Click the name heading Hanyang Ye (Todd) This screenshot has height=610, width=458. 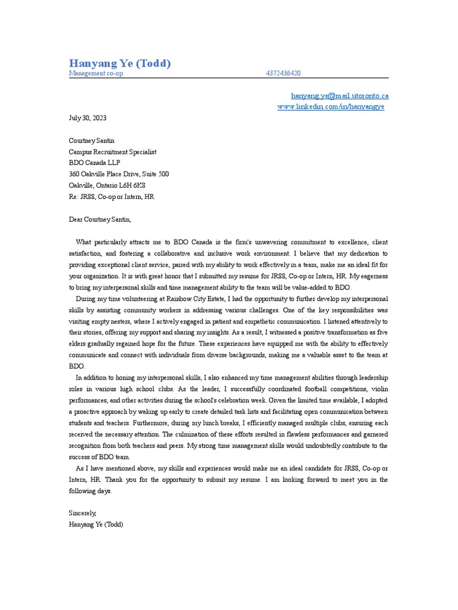pos(120,63)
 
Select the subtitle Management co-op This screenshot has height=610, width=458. pos(96,73)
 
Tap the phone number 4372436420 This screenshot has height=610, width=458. pos(283,73)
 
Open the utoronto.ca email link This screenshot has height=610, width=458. pos(339,95)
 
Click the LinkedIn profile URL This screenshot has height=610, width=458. pos(331,107)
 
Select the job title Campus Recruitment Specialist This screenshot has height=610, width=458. pos(113,152)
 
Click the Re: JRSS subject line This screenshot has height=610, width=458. pos(112,197)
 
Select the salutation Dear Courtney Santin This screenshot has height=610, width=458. pos(99,219)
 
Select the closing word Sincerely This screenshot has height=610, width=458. pos(82,513)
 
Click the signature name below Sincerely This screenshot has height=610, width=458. pos(96,524)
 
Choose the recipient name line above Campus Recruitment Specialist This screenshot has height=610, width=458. pos(91,141)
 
